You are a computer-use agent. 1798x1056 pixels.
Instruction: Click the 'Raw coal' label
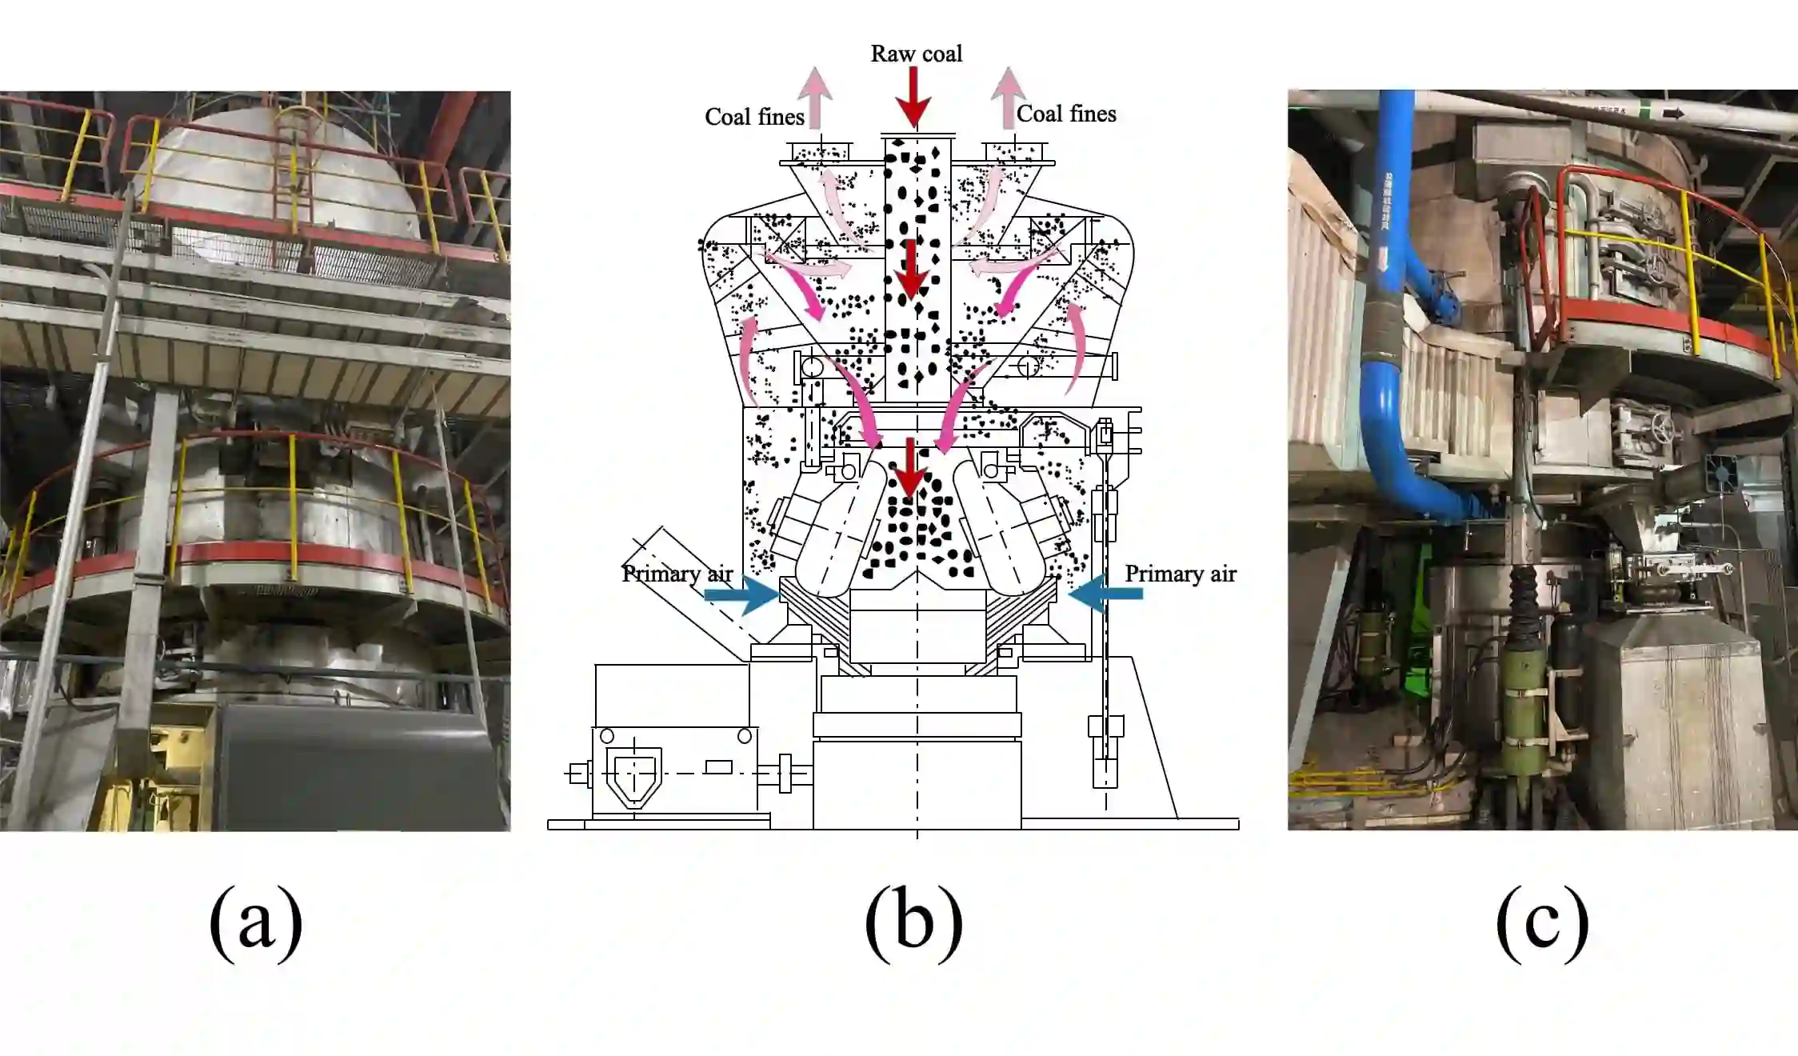coord(916,54)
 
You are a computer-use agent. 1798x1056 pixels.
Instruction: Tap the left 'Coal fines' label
coord(753,117)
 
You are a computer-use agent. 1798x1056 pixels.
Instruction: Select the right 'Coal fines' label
coord(1065,114)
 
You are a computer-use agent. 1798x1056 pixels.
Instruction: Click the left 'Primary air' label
coord(677,574)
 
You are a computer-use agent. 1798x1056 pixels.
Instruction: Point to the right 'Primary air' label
coord(1180,574)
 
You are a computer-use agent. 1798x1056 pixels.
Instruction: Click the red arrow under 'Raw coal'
coord(913,96)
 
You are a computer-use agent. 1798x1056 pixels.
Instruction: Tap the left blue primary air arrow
coord(740,594)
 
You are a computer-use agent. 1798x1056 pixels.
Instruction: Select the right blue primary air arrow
coord(1105,593)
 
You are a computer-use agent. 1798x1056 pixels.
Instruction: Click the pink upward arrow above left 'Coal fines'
coord(815,95)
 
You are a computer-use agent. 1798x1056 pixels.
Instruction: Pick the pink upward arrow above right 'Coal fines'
coord(1008,95)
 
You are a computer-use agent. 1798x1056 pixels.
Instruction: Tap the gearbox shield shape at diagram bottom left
coord(634,774)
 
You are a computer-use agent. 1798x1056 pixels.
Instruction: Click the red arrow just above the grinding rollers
coord(909,468)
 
